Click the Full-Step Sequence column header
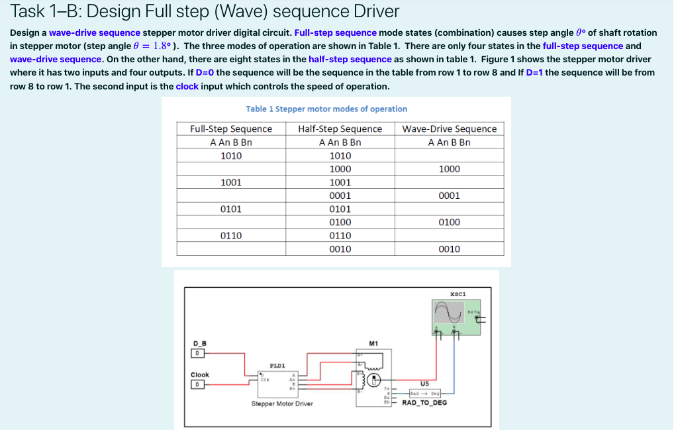pyautogui.click(x=230, y=129)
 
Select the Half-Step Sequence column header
pyautogui.click(x=340, y=129)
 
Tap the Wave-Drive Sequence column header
pyautogui.click(x=449, y=129)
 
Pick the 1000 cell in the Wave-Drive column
pyautogui.click(x=449, y=169)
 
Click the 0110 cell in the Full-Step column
pyautogui.click(x=230, y=235)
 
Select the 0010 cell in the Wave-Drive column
pyautogui.click(x=449, y=249)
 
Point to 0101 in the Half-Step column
pyautogui.click(x=340, y=209)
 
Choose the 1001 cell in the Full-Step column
pyautogui.click(x=230, y=182)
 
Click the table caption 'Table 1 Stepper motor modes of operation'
pyautogui.click(x=326, y=109)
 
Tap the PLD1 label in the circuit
pyautogui.click(x=277, y=364)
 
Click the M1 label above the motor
pyautogui.click(x=373, y=343)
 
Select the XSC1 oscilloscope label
pyautogui.click(x=458, y=293)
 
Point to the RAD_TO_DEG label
pyautogui.click(x=424, y=402)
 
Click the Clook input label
pyautogui.click(x=200, y=375)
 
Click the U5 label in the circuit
pyautogui.click(x=424, y=384)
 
